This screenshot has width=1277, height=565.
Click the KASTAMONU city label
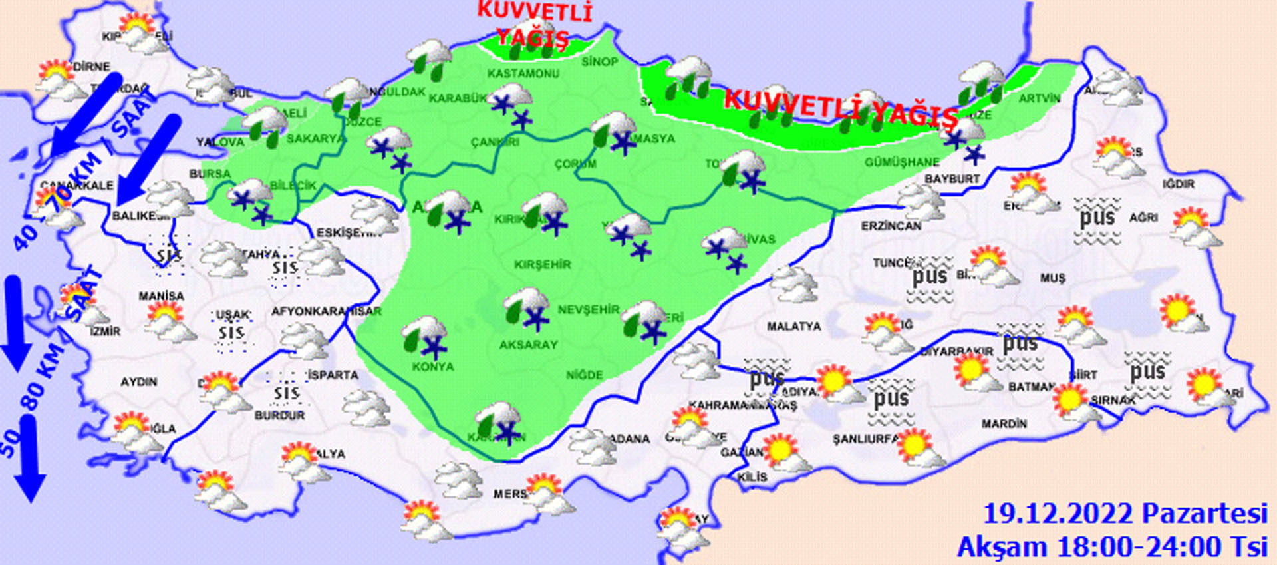tap(523, 73)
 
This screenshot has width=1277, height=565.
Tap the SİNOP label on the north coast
tap(600, 62)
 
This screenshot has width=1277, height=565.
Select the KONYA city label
tap(432, 367)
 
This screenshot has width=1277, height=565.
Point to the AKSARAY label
tap(529, 345)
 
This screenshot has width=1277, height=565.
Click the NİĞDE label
tap(584, 375)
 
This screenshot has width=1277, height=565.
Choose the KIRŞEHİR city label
tap(542, 264)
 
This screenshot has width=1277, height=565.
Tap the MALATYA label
tap(793, 327)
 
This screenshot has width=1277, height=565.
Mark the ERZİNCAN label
tap(891, 226)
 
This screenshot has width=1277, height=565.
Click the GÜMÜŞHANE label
tap(902, 162)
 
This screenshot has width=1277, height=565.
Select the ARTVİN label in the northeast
tap(1040, 98)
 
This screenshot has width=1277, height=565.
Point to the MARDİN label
tap(1004, 423)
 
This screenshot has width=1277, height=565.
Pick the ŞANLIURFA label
tap(865, 439)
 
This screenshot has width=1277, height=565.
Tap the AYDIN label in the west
tap(138, 382)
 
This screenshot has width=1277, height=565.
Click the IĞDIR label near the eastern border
tap(1179, 184)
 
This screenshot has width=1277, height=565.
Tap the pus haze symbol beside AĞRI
tap(1097, 220)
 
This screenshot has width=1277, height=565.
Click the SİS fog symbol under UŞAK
tap(231, 333)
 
